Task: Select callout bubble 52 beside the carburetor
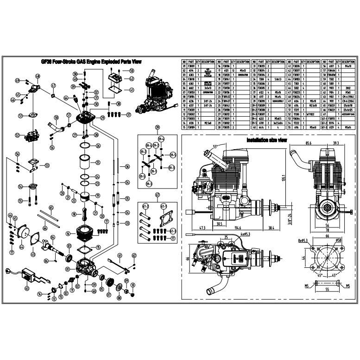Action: [18, 136]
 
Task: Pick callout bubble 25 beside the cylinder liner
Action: [98, 163]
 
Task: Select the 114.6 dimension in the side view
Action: [238, 227]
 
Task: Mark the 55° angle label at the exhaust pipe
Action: [215, 146]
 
